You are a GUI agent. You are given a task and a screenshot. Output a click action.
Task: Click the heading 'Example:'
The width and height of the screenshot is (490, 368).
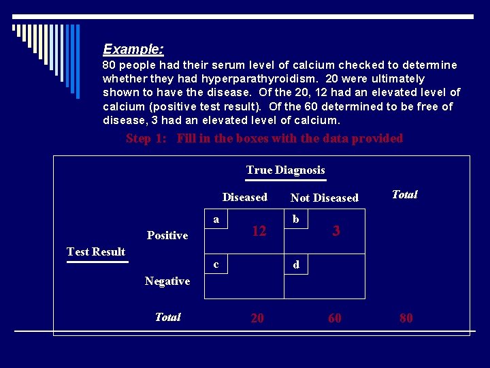133,50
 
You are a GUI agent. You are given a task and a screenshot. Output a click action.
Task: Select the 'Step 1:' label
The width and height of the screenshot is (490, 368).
148,139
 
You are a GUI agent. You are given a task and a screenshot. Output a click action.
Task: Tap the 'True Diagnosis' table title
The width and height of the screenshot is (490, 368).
286,170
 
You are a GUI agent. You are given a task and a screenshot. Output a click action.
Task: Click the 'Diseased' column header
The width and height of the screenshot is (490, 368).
245,198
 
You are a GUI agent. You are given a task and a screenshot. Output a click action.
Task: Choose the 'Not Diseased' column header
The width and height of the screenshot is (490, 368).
325,198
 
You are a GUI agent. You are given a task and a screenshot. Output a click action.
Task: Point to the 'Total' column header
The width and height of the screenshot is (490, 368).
405,195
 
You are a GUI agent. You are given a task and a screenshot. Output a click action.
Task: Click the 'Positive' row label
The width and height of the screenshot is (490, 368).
167,236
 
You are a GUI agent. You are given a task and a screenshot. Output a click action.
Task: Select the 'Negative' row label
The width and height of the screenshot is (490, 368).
167,281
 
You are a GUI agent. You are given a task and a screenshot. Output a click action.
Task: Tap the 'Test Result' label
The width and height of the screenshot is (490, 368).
96,252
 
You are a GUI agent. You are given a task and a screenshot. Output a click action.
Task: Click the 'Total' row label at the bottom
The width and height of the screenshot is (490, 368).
167,318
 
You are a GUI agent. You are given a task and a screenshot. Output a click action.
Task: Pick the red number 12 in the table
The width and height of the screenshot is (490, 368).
259,232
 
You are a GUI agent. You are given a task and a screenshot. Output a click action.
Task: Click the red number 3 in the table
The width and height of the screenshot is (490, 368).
336,232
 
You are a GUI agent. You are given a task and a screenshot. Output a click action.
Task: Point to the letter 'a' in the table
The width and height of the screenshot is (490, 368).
216,219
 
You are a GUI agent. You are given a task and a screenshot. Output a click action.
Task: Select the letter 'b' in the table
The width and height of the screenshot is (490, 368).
295,219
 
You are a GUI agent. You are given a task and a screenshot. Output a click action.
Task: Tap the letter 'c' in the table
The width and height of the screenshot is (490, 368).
216,264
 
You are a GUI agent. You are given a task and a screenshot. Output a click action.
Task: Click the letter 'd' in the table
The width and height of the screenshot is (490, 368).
296,264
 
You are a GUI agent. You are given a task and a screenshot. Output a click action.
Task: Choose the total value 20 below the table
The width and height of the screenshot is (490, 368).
257,318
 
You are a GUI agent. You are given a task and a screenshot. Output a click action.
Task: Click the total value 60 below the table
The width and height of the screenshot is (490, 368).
335,318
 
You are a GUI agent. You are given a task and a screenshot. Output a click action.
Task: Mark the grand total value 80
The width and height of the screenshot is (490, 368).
406,318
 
